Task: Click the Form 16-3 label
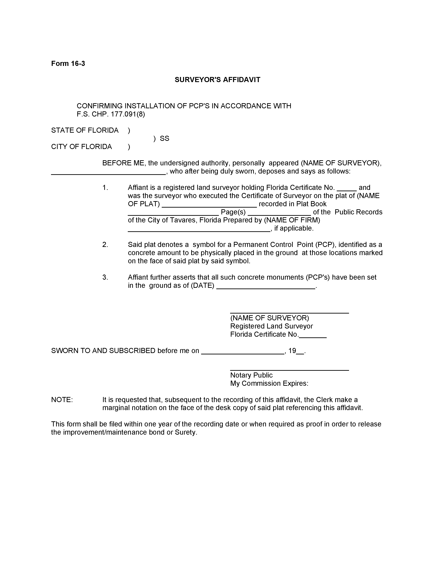tap(68, 64)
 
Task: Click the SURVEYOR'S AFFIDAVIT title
tap(217, 80)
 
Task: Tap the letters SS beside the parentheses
tap(164, 139)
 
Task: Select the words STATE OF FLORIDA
tap(85, 130)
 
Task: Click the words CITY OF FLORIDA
tap(81, 147)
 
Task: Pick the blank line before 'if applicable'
tap(199, 231)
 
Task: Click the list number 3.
tap(105, 277)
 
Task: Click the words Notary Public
tap(251, 375)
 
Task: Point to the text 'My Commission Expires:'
tap(269, 383)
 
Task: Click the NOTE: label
tap(62, 400)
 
